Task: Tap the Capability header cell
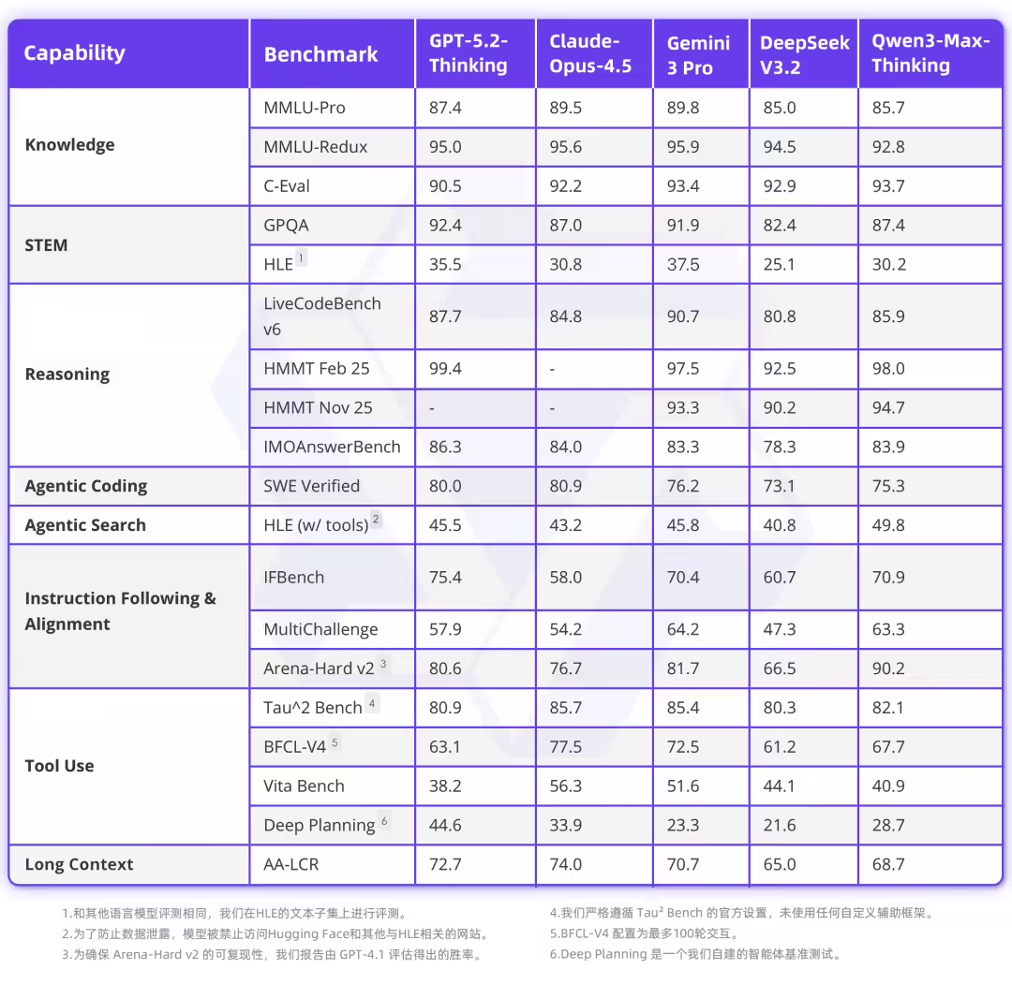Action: [x=74, y=53]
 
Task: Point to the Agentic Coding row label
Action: [x=86, y=486]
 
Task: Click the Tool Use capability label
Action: [x=59, y=766]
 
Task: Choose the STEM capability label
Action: [x=46, y=245]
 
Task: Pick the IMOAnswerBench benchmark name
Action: [x=332, y=447]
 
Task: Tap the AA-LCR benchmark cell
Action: [x=291, y=864]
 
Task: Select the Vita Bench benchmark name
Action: [x=304, y=786]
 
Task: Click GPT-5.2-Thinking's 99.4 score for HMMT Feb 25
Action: [x=445, y=369]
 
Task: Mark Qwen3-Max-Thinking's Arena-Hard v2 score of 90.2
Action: [x=888, y=668]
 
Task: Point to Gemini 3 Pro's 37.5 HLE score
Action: [x=682, y=265]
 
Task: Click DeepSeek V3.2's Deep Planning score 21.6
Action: [x=780, y=825]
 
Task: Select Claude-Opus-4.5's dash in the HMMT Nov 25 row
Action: [x=553, y=408]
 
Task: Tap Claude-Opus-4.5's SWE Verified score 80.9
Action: [x=565, y=486]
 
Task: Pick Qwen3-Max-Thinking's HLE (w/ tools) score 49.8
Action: [x=888, y=525]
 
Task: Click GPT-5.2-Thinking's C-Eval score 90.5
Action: [x=445, y=186]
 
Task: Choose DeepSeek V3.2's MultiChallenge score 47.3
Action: [x=780, y=629]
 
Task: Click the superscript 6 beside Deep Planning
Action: [x=384, y=821]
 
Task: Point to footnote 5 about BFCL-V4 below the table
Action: [x=645, y=933]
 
